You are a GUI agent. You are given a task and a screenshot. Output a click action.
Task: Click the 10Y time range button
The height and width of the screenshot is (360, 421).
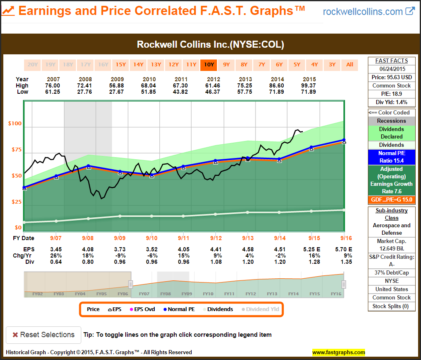click(x=209, y=64)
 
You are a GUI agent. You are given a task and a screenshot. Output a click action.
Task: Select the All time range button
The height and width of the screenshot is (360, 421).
click(x=350, y=64)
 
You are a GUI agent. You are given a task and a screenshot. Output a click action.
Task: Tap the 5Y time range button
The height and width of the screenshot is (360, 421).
click(x=297, y=64)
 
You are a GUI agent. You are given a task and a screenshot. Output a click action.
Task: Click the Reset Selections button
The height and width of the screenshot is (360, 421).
click(x=44, y=335)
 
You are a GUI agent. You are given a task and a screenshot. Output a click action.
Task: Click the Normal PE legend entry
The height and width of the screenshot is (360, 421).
click(x=180, y=309)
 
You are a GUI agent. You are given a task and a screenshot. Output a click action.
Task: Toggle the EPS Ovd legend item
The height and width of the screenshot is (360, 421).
click(x=142, y=309)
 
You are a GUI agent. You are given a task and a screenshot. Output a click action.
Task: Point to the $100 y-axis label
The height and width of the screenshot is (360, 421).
click(x=15, y=124)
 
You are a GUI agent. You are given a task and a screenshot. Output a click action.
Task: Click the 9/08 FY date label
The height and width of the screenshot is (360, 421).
click(x=88, y=238)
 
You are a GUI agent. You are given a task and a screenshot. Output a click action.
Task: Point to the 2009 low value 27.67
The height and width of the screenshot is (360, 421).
click(x=119, y=92)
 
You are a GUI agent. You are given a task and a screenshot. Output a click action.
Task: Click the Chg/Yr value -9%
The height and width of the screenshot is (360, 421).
click(x=119, y=255)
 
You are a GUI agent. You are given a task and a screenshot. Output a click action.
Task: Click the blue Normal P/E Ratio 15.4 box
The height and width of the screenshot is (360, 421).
click(x=391, y=157)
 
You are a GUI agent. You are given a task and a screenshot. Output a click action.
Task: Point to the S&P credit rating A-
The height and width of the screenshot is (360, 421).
click(x=392, y=264)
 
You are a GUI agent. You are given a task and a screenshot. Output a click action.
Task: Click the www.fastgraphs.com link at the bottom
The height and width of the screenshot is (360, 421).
click(x=338, y=353)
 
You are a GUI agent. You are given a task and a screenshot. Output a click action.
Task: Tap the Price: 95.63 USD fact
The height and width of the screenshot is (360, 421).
click(x=392, y=77)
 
